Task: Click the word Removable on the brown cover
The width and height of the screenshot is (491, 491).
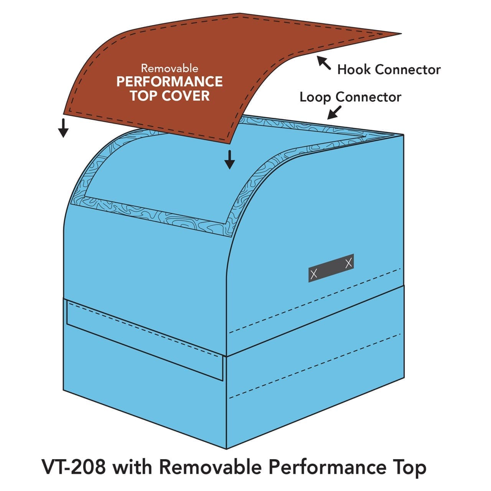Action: coord(170,68)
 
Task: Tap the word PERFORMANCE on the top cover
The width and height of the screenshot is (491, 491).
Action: coord(170,82)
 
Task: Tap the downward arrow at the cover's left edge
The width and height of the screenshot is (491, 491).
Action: coord(63,128)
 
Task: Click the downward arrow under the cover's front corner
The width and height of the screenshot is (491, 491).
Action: coord(229,160)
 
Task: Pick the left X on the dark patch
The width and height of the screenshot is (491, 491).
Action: coord(314,274)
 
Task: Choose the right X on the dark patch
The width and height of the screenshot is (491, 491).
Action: coord(349,263)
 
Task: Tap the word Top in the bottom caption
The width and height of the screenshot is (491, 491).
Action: coord(410,467)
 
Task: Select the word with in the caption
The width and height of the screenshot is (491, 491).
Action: coord(133,467)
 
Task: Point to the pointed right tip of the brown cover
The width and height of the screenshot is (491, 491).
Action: coord(400,34)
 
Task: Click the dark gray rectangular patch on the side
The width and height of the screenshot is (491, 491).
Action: coord(331,269)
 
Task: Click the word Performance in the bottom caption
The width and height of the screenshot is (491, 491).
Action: coord(327,467)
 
